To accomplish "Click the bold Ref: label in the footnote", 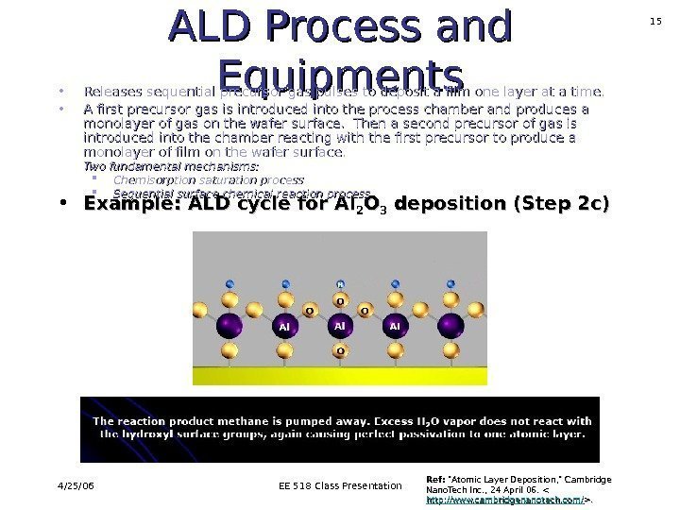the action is [437, 479].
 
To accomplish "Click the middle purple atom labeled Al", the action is [341, 326].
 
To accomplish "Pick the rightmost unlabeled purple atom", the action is [452, 326].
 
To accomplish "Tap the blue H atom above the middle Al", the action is [341, 283].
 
